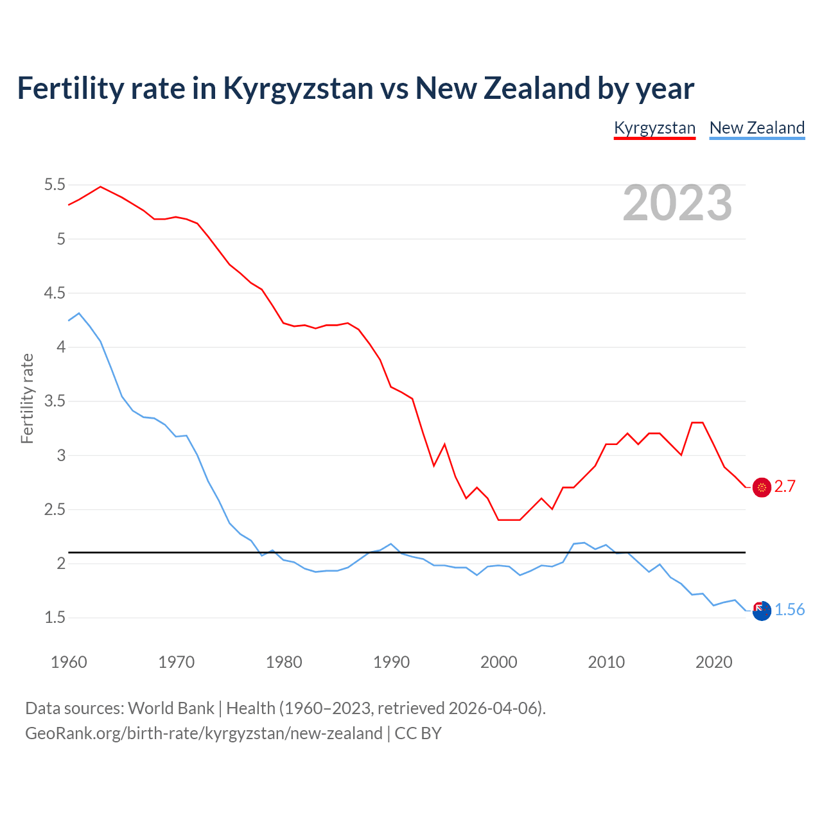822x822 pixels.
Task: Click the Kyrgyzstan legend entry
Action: coord(654,128)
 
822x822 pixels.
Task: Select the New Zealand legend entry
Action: coord(756,128)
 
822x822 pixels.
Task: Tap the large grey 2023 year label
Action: coord(678,203)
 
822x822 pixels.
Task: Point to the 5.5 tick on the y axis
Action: coord(55,185)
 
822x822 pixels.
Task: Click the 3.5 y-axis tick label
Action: coord(55,401)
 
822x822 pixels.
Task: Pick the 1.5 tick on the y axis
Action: coord(55,618)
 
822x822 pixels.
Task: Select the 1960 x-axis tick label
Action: coord(69,662)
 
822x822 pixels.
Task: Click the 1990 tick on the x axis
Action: coord(391,662)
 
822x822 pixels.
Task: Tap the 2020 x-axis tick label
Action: coord(713,662)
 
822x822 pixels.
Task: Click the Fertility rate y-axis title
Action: coord(27,398)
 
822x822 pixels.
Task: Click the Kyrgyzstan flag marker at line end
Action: coord(762,487)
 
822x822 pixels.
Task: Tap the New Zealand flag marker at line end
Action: coord(762,611)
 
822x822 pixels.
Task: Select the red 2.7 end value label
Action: coord(785,487)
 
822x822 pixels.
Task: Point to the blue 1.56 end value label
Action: coord(789,610)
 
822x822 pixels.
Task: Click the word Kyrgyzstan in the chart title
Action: coord(298,89)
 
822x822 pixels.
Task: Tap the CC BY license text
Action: coord(418,733)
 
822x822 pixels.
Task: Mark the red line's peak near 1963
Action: coord(100,187)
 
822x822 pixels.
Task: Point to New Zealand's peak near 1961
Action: coord(79,313)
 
